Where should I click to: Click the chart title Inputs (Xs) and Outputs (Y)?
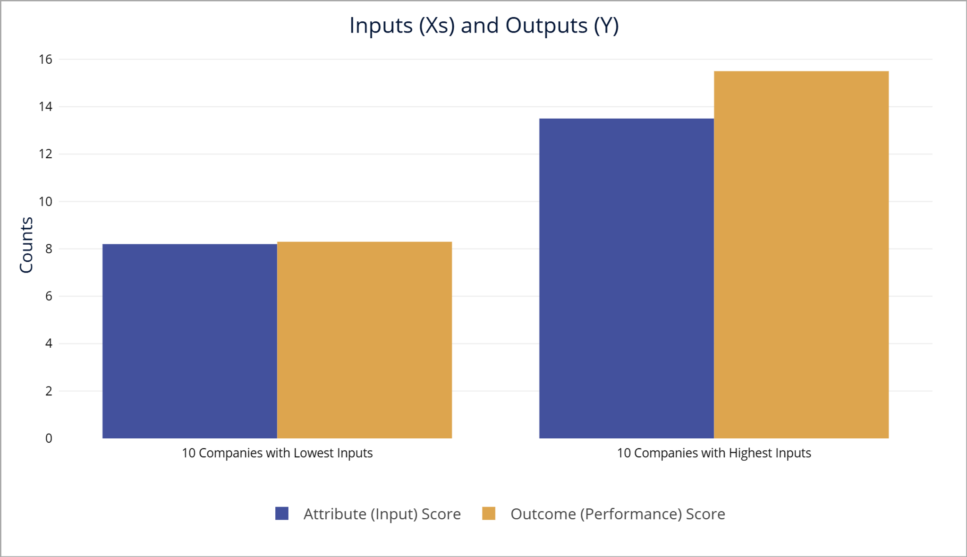(483, 26)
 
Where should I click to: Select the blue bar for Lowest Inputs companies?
(189, 341)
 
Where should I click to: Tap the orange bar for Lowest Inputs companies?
(364, 340)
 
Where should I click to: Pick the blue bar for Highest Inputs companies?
(626, 278)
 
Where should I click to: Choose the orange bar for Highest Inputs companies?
(801, 255)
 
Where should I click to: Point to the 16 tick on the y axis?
(45, 60)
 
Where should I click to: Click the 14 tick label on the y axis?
(45, 107)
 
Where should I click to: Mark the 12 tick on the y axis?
(45, 154)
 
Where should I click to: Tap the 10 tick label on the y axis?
(45, 202)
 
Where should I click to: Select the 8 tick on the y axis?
(49, 249)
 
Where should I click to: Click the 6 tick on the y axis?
(49, 296)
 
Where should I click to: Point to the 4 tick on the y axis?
(49, 343)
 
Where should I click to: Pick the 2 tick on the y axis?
(49, 391)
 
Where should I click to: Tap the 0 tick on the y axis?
(49, 438)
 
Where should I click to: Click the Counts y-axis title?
(26, 245)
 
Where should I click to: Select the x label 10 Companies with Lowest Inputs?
(277, 453)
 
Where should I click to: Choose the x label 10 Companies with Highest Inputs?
(714, 453)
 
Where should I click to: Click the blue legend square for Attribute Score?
(282, 514)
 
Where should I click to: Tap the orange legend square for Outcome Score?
(489, 514)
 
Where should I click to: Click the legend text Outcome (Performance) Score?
(618, 514)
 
